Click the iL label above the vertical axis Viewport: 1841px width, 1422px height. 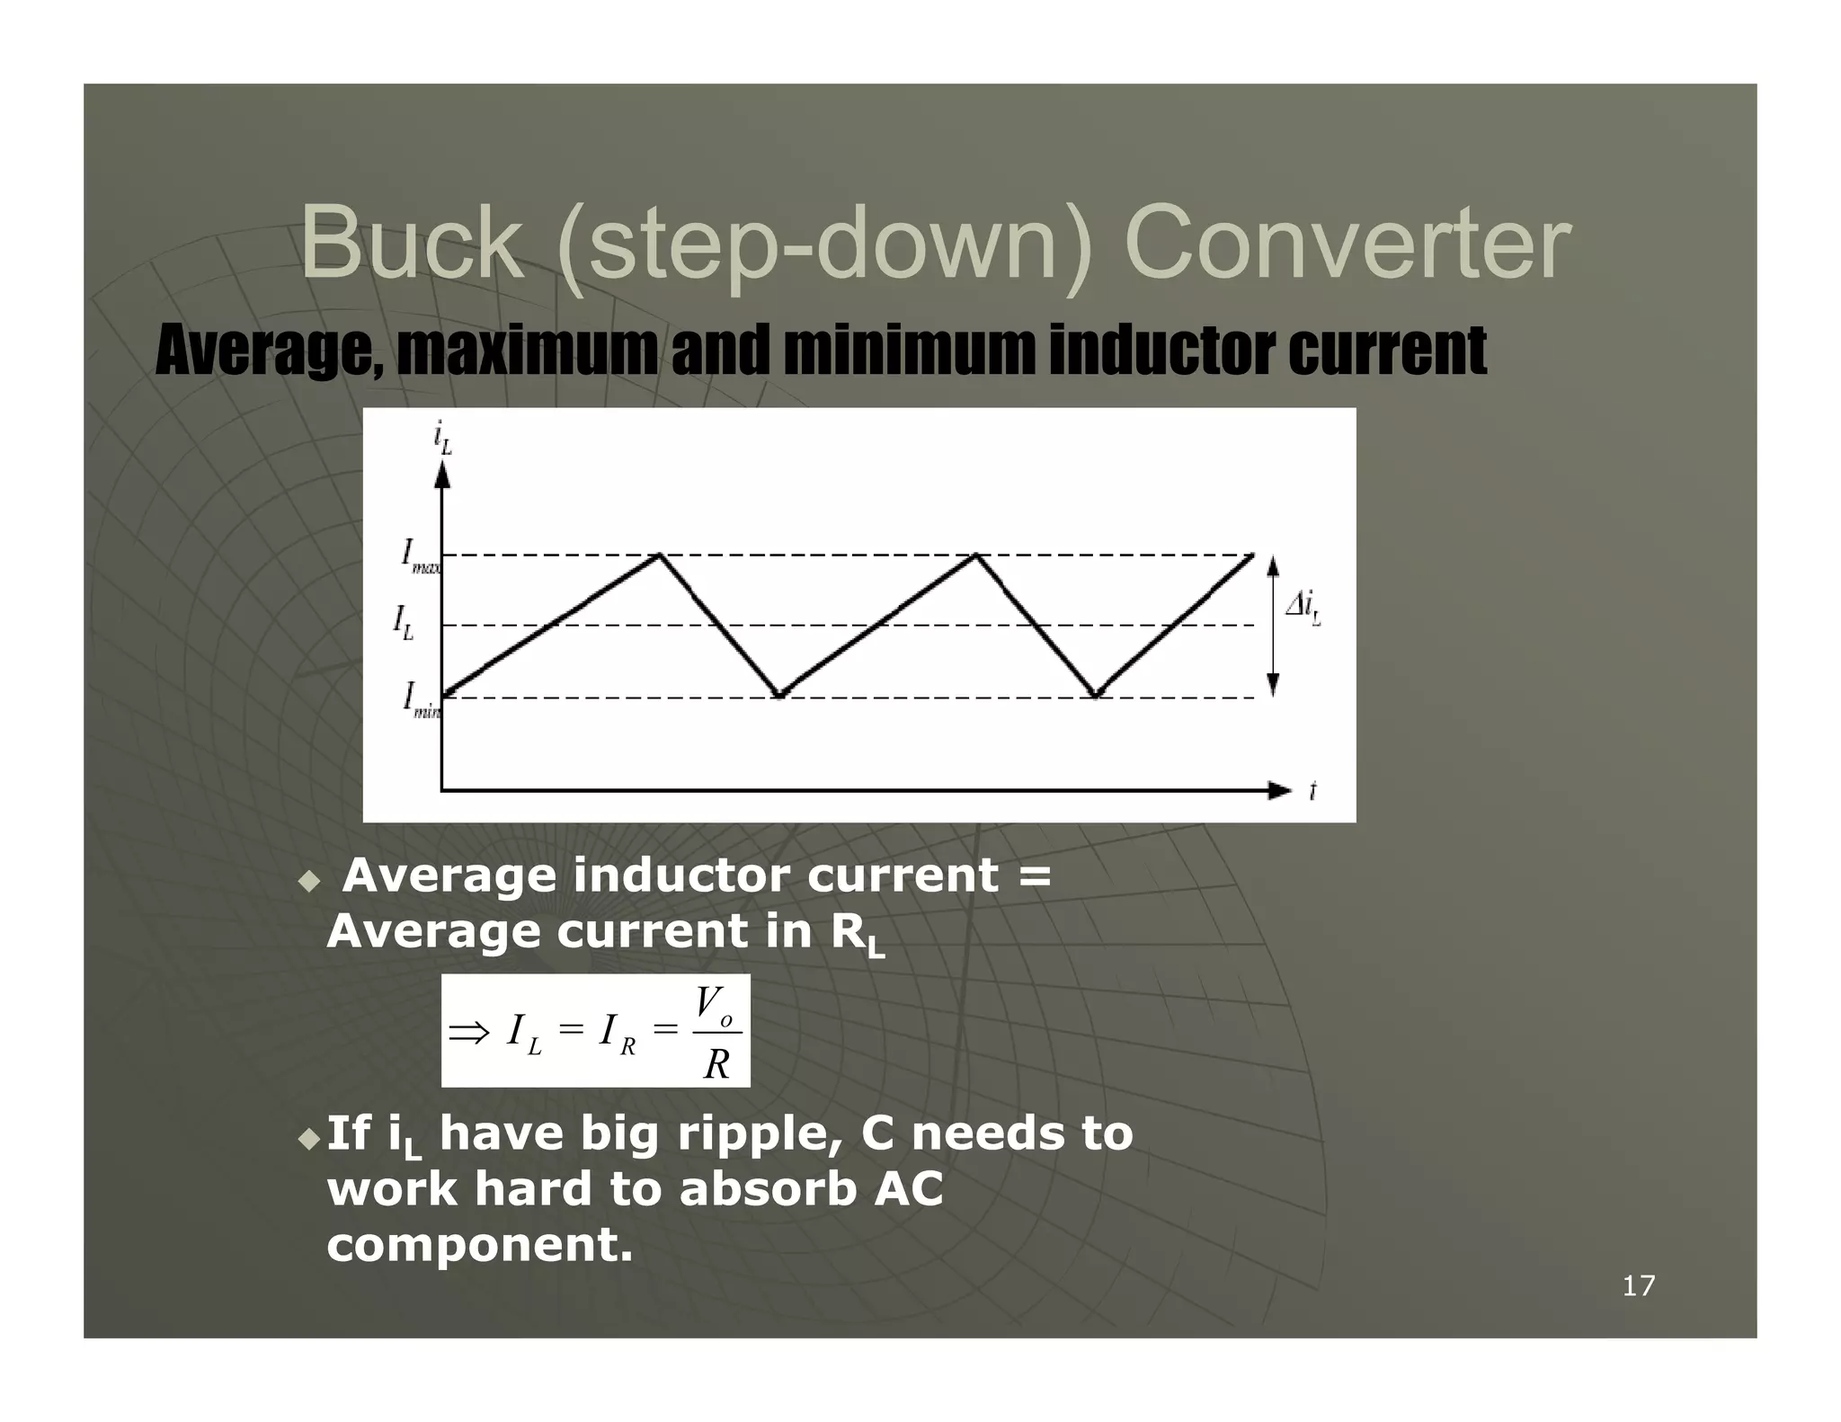pos(442,439)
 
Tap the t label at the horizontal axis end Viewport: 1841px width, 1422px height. pos(1312,791)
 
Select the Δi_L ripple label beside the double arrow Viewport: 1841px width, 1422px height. pos(1303,609)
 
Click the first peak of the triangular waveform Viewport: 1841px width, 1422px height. pos(660,555)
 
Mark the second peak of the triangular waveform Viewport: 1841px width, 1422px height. pos(976,555)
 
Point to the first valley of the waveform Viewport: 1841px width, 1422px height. pos(780,696)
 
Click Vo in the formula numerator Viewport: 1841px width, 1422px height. pos(714,1005)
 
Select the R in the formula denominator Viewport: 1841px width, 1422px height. pos(716,1064)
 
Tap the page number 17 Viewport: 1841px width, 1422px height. pos(1638,1286)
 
